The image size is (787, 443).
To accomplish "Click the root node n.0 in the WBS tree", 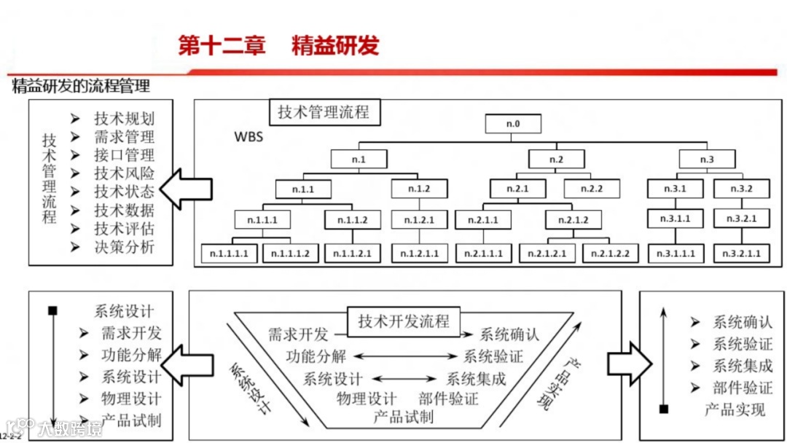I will [513, 124].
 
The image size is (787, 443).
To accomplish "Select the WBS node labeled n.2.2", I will [591, 189].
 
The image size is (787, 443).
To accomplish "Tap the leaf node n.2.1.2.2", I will [611, 253].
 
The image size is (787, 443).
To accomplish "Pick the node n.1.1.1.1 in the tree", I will [230, 253].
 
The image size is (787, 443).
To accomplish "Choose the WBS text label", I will [248, 137].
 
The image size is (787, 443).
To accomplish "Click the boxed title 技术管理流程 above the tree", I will [324, 112].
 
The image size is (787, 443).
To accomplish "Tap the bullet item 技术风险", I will [124, 173].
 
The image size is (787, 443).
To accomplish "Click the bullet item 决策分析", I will [124, 247].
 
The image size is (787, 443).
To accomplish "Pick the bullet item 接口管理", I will [124, 155].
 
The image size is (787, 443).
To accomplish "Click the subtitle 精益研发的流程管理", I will [81, 86].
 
